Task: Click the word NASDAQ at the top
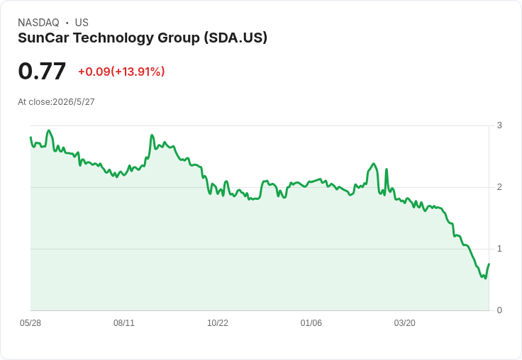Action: (38, 23)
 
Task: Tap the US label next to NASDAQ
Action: (82, 23)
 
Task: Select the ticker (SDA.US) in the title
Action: (235, 38)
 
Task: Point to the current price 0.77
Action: (42, 72)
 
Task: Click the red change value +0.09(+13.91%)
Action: (121, 72)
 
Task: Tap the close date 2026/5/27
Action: (74, 102)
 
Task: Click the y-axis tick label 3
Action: (499, 125)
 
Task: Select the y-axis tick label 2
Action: (499, 187)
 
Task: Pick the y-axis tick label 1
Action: (499, 249)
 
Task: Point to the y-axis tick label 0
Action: (499, 310)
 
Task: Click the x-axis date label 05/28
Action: (30, 323)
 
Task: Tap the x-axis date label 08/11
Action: (124, 323)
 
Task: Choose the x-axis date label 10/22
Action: (218, 323)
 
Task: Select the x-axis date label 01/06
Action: (311, 323)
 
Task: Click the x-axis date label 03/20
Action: (405, 323)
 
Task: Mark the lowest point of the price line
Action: (486, 279)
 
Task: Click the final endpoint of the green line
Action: (489, 264)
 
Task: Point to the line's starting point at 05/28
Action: (30, 137)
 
